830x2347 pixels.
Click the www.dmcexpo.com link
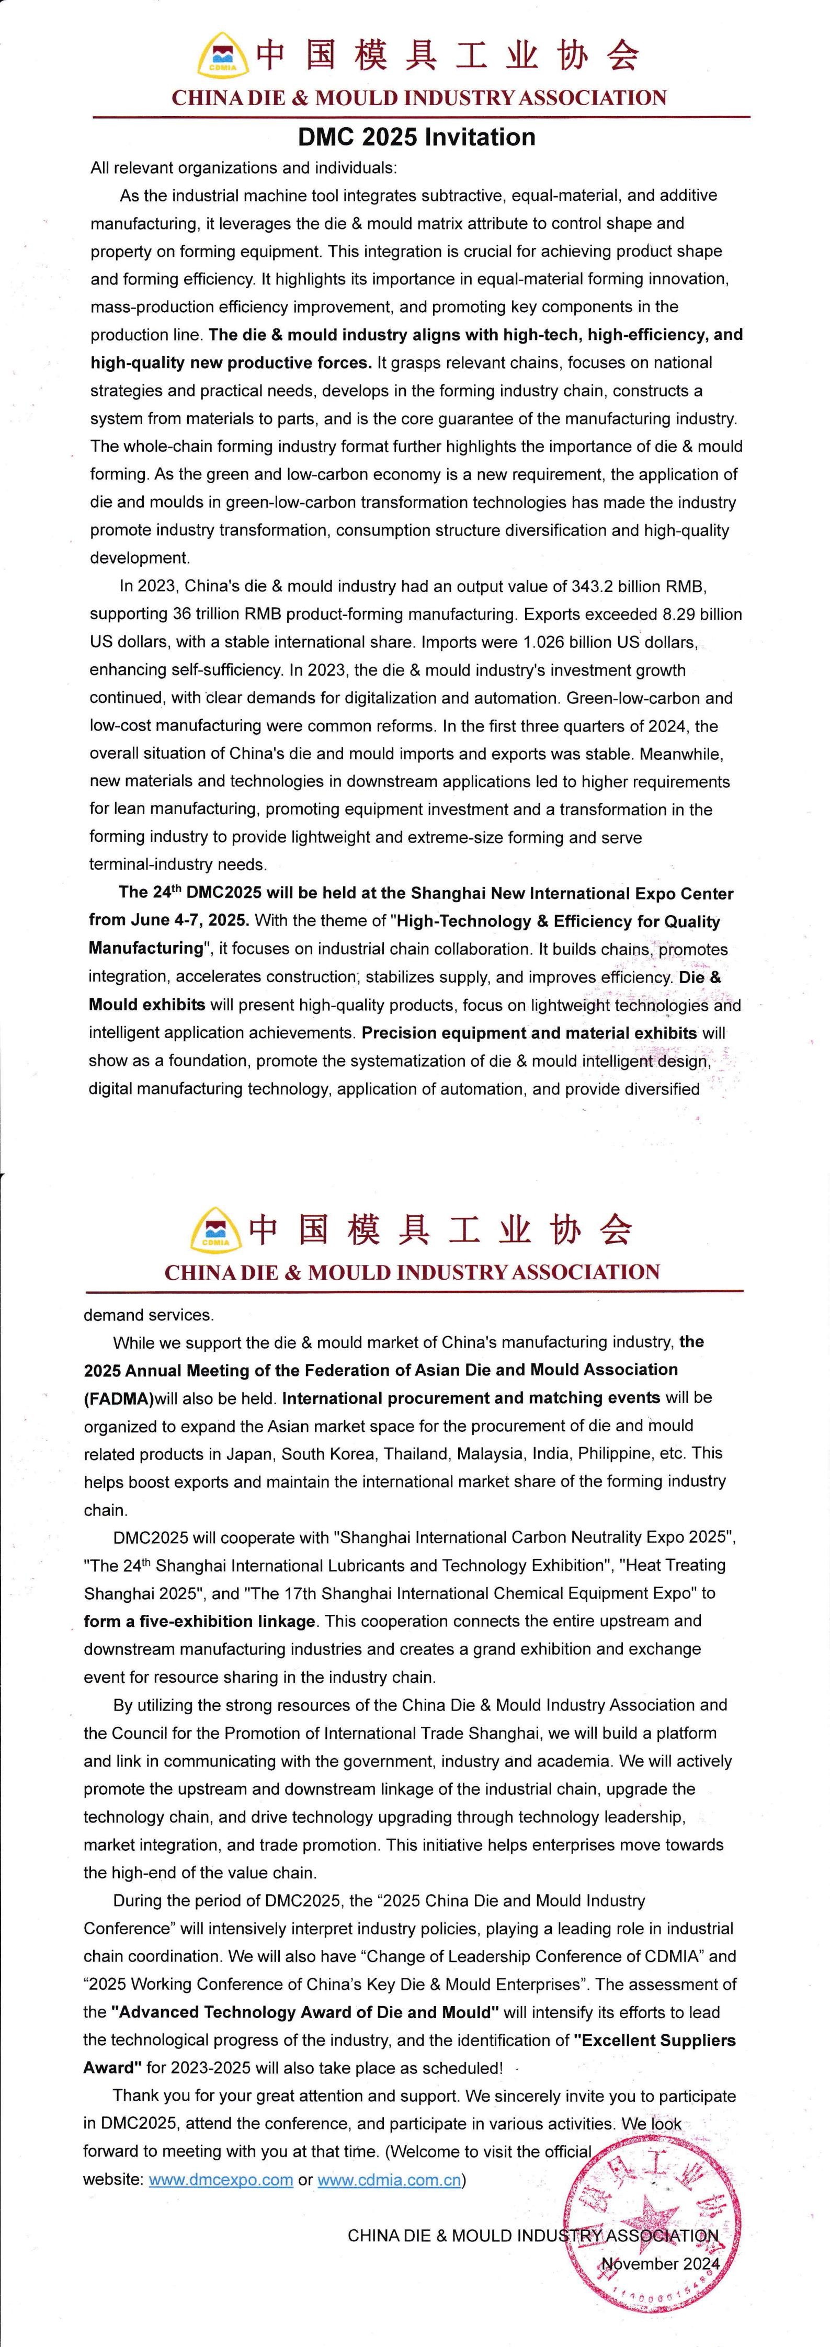(x=221, y=2180)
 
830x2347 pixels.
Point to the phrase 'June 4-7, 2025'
(x=168, y=921)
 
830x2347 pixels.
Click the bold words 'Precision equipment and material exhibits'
(x=529, y=1033)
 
